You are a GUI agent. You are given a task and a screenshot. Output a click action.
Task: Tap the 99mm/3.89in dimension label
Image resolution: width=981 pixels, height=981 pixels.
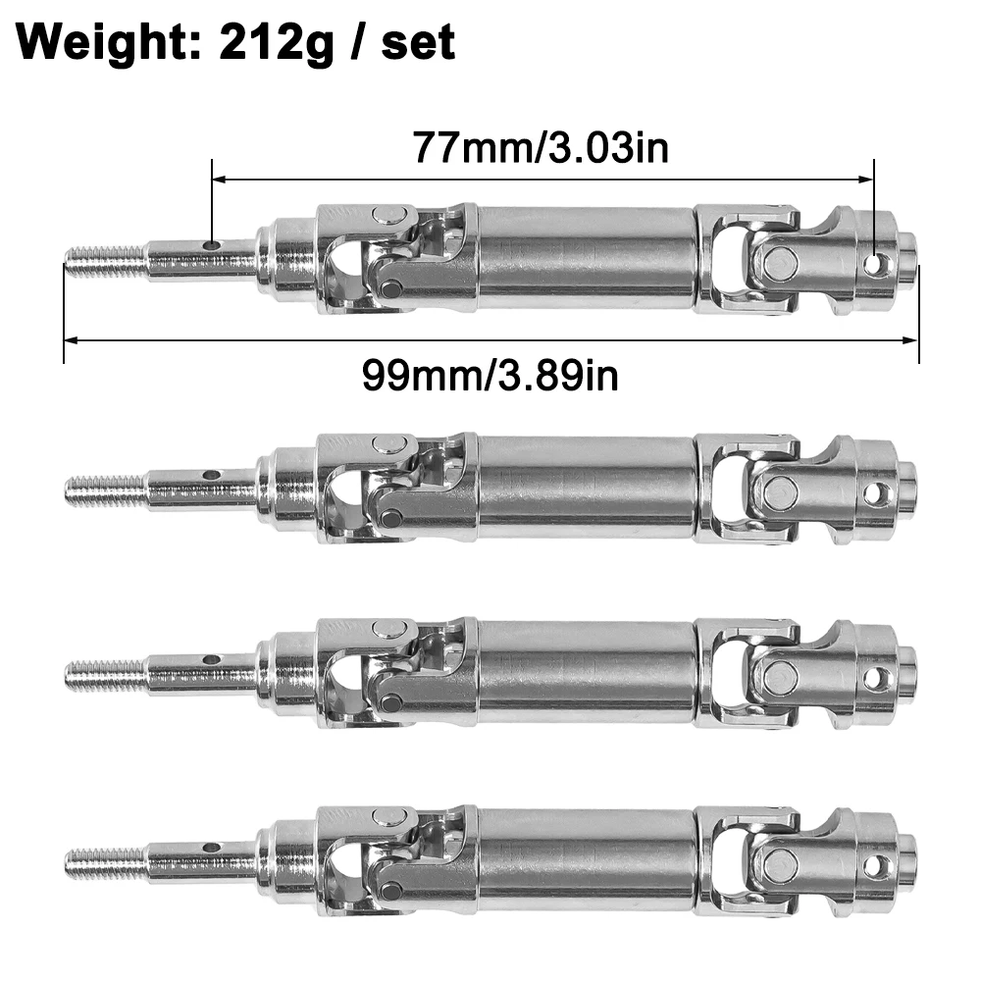[490, 375]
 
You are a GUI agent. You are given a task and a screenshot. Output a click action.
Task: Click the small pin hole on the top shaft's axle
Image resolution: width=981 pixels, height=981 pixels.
[210, 245]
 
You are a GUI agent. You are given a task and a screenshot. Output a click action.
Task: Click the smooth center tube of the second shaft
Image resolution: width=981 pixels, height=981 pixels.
[586, 488]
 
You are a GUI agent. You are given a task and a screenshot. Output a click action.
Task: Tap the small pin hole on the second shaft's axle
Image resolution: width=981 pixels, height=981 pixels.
[210, 475]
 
